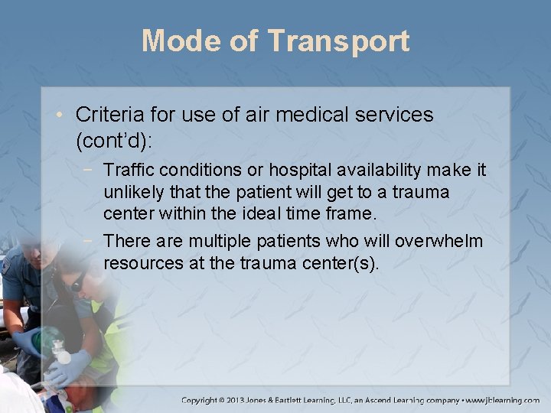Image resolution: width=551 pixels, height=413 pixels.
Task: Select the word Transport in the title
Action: [x=338, y=42]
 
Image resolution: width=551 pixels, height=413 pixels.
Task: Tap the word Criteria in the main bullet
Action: [x=107, y=115]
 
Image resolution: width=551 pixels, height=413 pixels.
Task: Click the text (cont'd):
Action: [x=111, y=141]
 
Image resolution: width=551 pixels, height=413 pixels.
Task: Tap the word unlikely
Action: [x=133, y=192]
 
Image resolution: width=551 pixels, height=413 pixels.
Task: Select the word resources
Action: [x=142, y=265]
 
